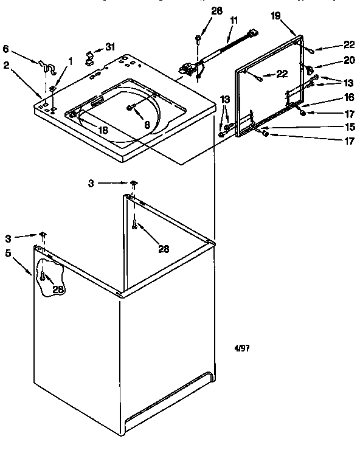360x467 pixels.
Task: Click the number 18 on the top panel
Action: pos(103,130)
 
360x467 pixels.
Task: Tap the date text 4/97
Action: pos(242,349)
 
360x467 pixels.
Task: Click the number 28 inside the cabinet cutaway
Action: pos(58,290)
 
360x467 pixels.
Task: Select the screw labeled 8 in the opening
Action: pos(130,108)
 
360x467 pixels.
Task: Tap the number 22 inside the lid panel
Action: pos(281,74)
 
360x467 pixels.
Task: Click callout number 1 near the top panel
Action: pos(70,60)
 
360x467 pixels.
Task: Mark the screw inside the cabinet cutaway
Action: pos(43,277)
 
